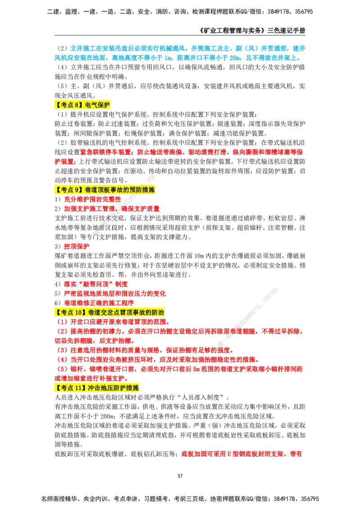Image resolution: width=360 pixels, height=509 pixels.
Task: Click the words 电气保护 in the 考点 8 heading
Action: pyautogui.click(x=97, y=106)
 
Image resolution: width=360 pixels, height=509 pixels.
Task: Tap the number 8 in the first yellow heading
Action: pyautogui.click(x=77, y=106)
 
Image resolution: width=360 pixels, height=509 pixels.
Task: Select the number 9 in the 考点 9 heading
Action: pyautogui.click(x=77, y=190)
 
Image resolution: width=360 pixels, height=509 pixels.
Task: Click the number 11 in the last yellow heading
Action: pyautogui.click(x=79, y=388)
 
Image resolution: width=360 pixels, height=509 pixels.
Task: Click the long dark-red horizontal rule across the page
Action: pyautogui.click(x=225, y=250)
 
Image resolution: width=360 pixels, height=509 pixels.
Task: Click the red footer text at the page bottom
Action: pyautogui.click(x=241, y=455)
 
